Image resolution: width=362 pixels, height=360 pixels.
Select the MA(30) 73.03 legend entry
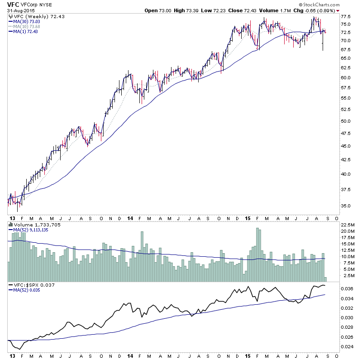click(28, 21)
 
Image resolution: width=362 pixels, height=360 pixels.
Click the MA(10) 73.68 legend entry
click(28, 26)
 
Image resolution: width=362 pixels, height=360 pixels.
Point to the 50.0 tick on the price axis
click(346, 121)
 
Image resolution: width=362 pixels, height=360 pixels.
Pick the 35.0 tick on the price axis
click(346, 206)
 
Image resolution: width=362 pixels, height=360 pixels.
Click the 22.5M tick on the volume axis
click(347, 225)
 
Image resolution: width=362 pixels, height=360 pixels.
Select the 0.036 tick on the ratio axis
click(347, 288)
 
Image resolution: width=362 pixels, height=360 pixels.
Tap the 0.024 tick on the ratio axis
click(347, 346)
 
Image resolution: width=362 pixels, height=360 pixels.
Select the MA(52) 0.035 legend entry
click(27, 290)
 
